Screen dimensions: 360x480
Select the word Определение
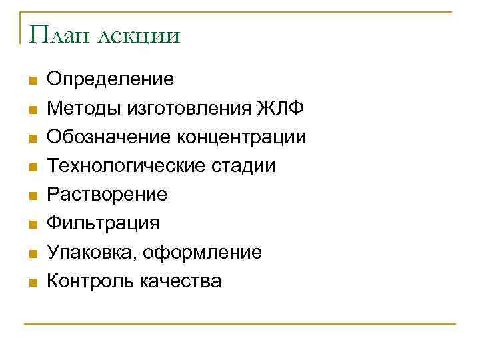[x=111, y=79]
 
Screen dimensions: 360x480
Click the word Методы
[x=80, y=109]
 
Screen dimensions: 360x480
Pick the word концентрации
[x=242, y=137]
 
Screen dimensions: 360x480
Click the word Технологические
[x=117, y=166]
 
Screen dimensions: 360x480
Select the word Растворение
[x=107, y=195]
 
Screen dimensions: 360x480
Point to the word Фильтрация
[x=103, y=223]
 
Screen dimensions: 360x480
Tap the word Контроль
[x=90, y=281]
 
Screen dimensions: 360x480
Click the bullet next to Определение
[x=31, y=81]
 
